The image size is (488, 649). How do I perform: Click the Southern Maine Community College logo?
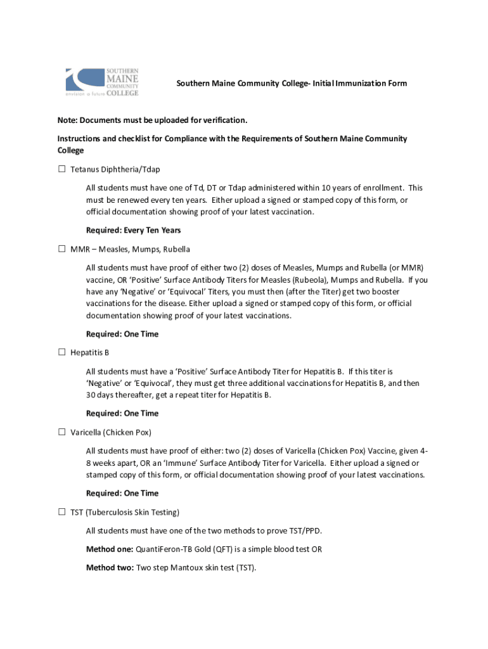pos(102,82)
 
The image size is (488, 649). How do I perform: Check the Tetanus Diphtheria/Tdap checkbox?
pos(62,169)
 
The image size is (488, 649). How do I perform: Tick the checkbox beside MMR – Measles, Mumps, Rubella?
pos(62,249)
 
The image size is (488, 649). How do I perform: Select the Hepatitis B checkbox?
pos(62,352)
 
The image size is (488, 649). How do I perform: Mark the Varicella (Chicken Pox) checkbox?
pos(62,432)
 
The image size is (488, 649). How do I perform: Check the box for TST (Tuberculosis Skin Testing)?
pos(62,512)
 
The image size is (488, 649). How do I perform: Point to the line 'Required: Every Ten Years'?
pos(133,230)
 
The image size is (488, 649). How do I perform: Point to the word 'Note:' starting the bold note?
pos(68,120)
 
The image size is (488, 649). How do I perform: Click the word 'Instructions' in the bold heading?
pos(80,139)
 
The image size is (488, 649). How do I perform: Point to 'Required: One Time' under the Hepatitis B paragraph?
pos(122,413)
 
